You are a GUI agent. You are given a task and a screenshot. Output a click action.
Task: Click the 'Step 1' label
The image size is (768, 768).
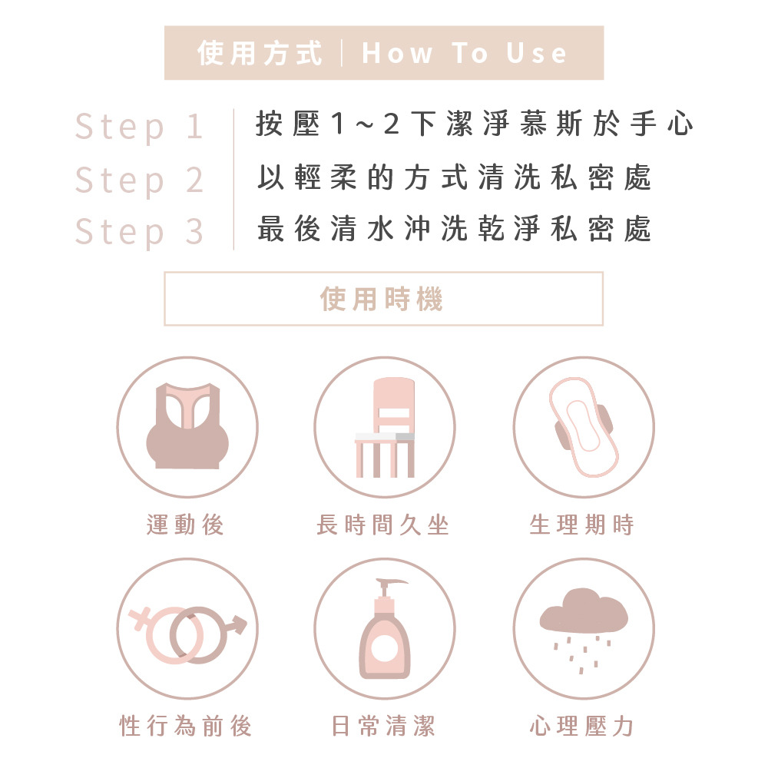tap(139, 127)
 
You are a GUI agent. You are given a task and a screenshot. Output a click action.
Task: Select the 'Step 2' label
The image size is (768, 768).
tap(139, 180)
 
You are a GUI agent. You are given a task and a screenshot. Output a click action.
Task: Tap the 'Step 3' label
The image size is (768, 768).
tap(139, 232)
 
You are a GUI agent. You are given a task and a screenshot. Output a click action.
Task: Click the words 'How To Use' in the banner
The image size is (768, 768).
tap(465, 53)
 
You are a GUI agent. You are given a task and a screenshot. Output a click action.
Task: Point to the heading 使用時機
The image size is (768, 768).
tap(382, 299)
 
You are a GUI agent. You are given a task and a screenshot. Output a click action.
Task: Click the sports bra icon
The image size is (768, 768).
tap(187, 426)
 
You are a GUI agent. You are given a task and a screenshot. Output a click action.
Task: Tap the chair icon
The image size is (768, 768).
tap(385, 427)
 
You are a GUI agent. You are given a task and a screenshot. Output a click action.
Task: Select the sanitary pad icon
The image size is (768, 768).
tap(584, 427)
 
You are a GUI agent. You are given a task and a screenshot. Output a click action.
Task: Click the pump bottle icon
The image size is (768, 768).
tap(385, 629)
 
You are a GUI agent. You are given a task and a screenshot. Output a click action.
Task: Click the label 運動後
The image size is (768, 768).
tap(185, 525)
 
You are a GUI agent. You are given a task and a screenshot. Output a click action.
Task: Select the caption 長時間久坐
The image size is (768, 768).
tap(382, 525)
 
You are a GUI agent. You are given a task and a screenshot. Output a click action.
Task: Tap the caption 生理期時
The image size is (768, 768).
tap(582, 525)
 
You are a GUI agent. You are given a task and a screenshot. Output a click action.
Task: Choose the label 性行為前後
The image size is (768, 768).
tap(186, 726)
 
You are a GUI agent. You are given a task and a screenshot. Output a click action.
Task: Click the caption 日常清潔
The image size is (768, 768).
tap(383, 726)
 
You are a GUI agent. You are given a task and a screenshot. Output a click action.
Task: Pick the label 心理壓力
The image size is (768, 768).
tap(582, 726)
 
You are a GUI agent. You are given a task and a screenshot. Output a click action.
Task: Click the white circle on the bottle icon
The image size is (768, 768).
tap(385, 648)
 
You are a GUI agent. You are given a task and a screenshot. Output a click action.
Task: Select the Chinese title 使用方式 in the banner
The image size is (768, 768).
tap(260, 53)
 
